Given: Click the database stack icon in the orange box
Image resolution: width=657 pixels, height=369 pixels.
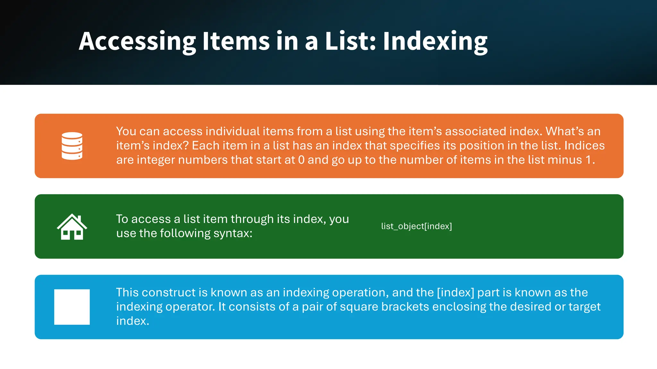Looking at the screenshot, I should tap(72, 146).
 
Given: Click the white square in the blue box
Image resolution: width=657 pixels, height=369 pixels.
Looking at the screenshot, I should tap(72, 307).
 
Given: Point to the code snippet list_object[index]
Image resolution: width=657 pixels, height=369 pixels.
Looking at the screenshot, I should tap(416, 226).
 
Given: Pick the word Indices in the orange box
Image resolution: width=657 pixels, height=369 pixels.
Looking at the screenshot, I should tap(584, 145).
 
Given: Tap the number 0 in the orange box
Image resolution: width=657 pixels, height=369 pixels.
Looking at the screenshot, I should tap(301, 160).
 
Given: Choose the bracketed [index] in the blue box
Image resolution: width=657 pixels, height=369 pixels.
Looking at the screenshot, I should tap(455, 292).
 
